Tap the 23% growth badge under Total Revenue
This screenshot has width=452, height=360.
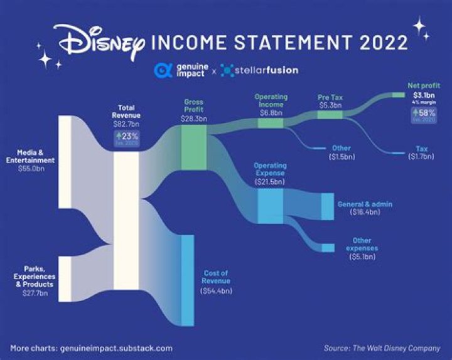coord(127,137)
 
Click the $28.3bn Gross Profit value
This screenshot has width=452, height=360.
coord(194,119)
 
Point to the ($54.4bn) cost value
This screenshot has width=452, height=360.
coord(216,291)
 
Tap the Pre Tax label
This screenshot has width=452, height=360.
coord(329,97)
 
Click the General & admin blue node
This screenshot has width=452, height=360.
coord(327,206)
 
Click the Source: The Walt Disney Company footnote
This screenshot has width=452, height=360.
coord(382,347)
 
